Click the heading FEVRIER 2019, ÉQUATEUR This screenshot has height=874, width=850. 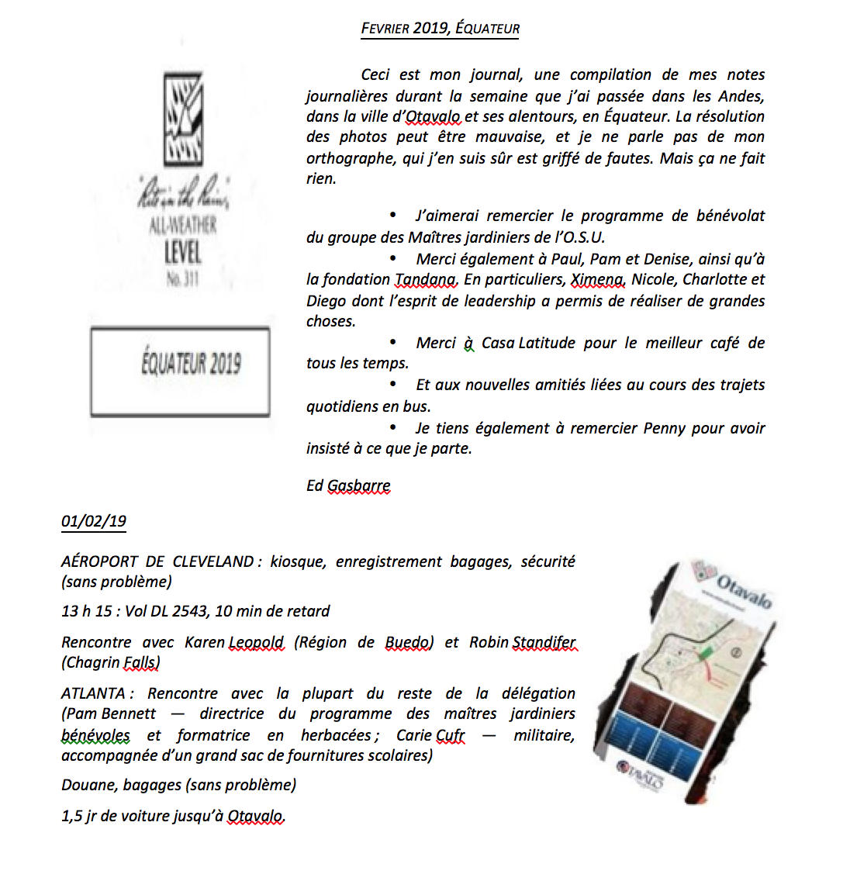440,29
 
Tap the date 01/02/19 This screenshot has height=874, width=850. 93,521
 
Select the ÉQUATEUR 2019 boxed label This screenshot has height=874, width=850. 190,364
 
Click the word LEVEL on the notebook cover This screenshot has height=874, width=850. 183,252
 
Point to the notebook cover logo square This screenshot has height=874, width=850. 184,118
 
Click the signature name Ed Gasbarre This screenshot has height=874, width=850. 348,485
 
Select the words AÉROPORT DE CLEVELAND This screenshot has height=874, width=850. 157,561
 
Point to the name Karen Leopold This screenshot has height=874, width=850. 234,642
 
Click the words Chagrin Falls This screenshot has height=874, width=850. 111,662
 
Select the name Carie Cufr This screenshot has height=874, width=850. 430,735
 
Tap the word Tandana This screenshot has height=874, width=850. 425,279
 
